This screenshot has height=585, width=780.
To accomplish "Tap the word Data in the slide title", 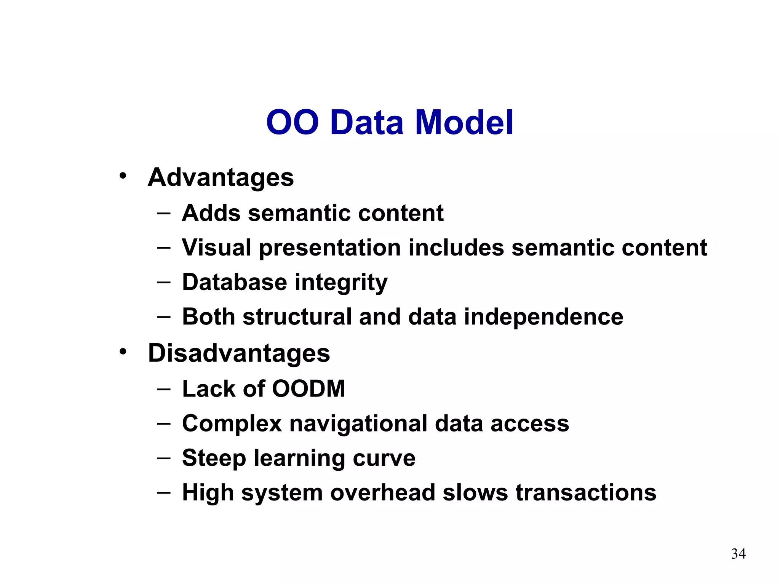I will (366, 123).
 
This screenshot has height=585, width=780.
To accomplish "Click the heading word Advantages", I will (221, 178).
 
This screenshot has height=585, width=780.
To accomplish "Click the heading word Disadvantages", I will (239, 353).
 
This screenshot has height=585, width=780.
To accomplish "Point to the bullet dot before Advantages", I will (122, 176).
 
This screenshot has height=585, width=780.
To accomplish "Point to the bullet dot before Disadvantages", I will (122, 352).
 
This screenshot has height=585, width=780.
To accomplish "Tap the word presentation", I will (330, 248).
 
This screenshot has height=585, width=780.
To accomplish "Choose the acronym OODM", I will (308, 389).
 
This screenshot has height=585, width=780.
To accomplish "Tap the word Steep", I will (214, 459).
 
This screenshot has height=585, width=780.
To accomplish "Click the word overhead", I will (382, 492).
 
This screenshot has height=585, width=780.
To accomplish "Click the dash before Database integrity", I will (163, 283).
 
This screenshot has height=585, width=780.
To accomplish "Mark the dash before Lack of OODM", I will (163, 389).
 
